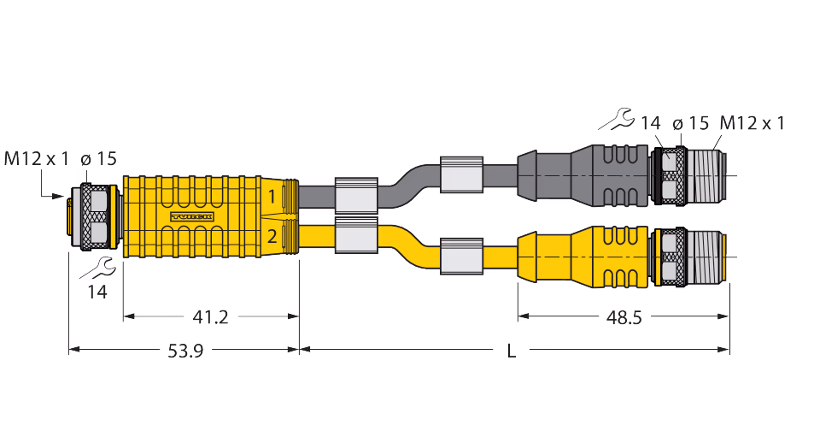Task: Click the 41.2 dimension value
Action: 209,317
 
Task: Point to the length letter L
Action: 512,351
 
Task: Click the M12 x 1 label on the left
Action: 37,158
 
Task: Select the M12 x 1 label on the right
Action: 752,123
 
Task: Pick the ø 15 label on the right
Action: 690,123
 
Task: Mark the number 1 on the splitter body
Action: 272,198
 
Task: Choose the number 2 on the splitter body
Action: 272,237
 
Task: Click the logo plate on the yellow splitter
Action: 191,217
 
